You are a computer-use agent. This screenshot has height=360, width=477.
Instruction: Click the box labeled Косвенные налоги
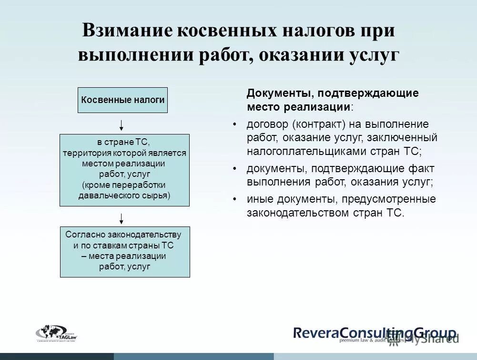coord(123,100)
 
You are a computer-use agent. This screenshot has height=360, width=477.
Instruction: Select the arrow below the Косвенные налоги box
coord(122,125)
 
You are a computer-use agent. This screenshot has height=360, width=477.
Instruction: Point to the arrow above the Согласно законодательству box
coord(122,218)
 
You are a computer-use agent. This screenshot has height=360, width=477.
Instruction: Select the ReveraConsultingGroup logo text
coord(374,332)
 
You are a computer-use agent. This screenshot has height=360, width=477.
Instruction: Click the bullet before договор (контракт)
coord(234,124)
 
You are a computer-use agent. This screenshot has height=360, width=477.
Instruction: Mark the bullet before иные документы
coord(234,199)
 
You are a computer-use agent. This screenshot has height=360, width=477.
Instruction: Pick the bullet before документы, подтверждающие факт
coord(234,169)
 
